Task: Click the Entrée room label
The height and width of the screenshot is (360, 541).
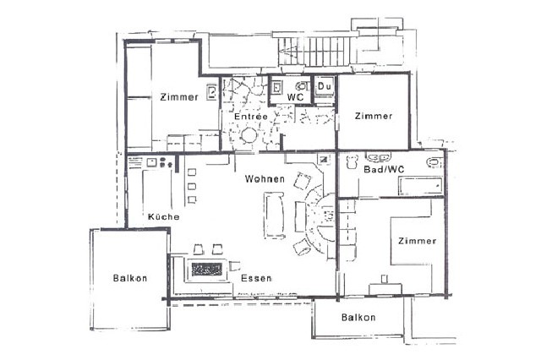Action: click(x=251, y=117)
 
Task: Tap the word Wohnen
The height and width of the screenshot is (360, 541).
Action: click(x=264, y=179)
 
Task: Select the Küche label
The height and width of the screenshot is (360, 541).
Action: click(x=163, y=217)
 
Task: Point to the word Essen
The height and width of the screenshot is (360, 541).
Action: click(x=255, y=278)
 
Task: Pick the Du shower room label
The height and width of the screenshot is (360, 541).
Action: click(x=325, y=86)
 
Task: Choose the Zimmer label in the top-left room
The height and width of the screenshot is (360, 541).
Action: click(x=178, y=96)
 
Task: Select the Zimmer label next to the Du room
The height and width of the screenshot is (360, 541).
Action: click(x=374, y=116)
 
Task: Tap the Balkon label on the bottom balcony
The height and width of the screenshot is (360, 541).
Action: click(x=358, y=318)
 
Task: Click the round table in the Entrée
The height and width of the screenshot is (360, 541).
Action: click(x=250, y=135)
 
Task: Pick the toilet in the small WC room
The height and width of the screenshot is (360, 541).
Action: click(x=302, y=86)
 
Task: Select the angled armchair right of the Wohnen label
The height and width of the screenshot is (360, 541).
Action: click(x=302, y=180)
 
